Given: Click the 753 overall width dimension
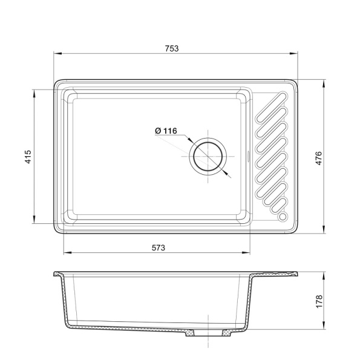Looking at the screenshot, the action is coord(172,48).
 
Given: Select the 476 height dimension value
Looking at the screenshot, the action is coord(319,158).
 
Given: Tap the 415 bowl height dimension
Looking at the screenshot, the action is coord(28,157).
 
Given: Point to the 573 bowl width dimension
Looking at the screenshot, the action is coord(159,247).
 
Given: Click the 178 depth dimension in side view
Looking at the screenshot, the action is coord(319,301).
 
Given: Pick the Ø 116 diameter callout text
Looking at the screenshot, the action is coord(166,131).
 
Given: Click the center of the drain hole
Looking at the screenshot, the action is coord(208,157).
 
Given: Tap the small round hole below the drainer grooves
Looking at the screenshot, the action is coord(283,216).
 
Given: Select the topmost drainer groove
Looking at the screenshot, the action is coord(271,107).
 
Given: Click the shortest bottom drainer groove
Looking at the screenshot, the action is coord(279,206).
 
